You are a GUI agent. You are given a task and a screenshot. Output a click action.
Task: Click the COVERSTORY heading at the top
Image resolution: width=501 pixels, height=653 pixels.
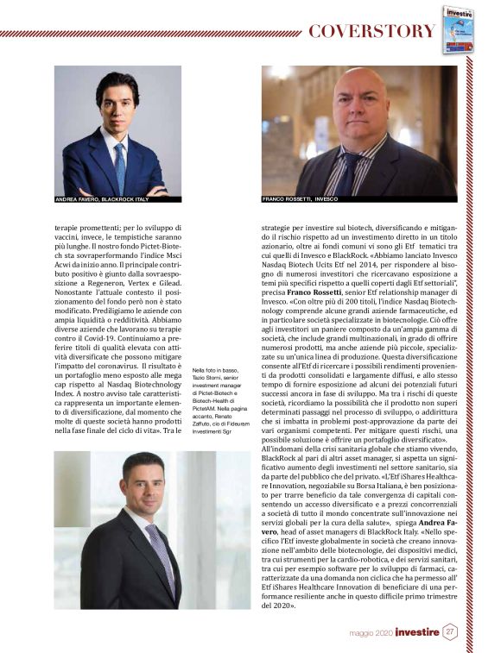click(x=371, y=32)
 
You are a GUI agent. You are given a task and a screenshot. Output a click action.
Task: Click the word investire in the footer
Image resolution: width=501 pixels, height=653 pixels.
click(x=418, y=632)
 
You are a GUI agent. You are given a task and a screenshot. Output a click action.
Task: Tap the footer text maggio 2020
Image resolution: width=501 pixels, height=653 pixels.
click(x=373, y=633)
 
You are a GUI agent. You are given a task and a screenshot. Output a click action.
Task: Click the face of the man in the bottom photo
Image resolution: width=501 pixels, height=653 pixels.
click(x=143, y=485)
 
